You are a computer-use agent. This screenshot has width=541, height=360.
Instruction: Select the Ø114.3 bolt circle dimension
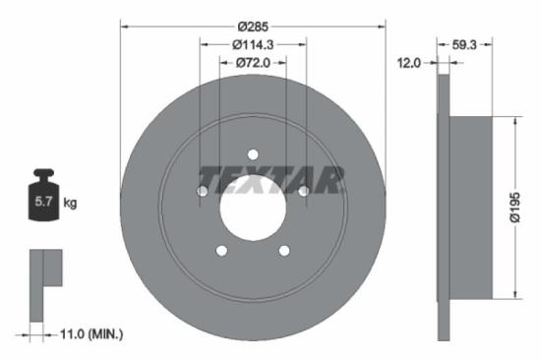[253, 43]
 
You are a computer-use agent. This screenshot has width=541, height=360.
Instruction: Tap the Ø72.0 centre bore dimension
[253, 63]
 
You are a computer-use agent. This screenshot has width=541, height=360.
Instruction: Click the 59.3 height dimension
[466, 43]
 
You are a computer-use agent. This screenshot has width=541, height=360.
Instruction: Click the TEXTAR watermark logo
[271, 180]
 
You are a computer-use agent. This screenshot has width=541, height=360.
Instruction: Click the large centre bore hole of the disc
[253, 205]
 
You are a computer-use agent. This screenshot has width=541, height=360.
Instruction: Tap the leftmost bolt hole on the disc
[203, 190]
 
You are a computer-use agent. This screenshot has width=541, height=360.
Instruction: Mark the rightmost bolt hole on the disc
[303, 190]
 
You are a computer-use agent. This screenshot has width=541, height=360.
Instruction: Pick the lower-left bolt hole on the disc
[222, 250]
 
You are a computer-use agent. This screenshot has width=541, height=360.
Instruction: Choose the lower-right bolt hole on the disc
[283, 250]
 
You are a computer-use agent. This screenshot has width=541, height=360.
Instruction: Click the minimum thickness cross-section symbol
[44, 280]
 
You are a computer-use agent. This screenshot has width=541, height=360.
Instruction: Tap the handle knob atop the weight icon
[44, 177]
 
